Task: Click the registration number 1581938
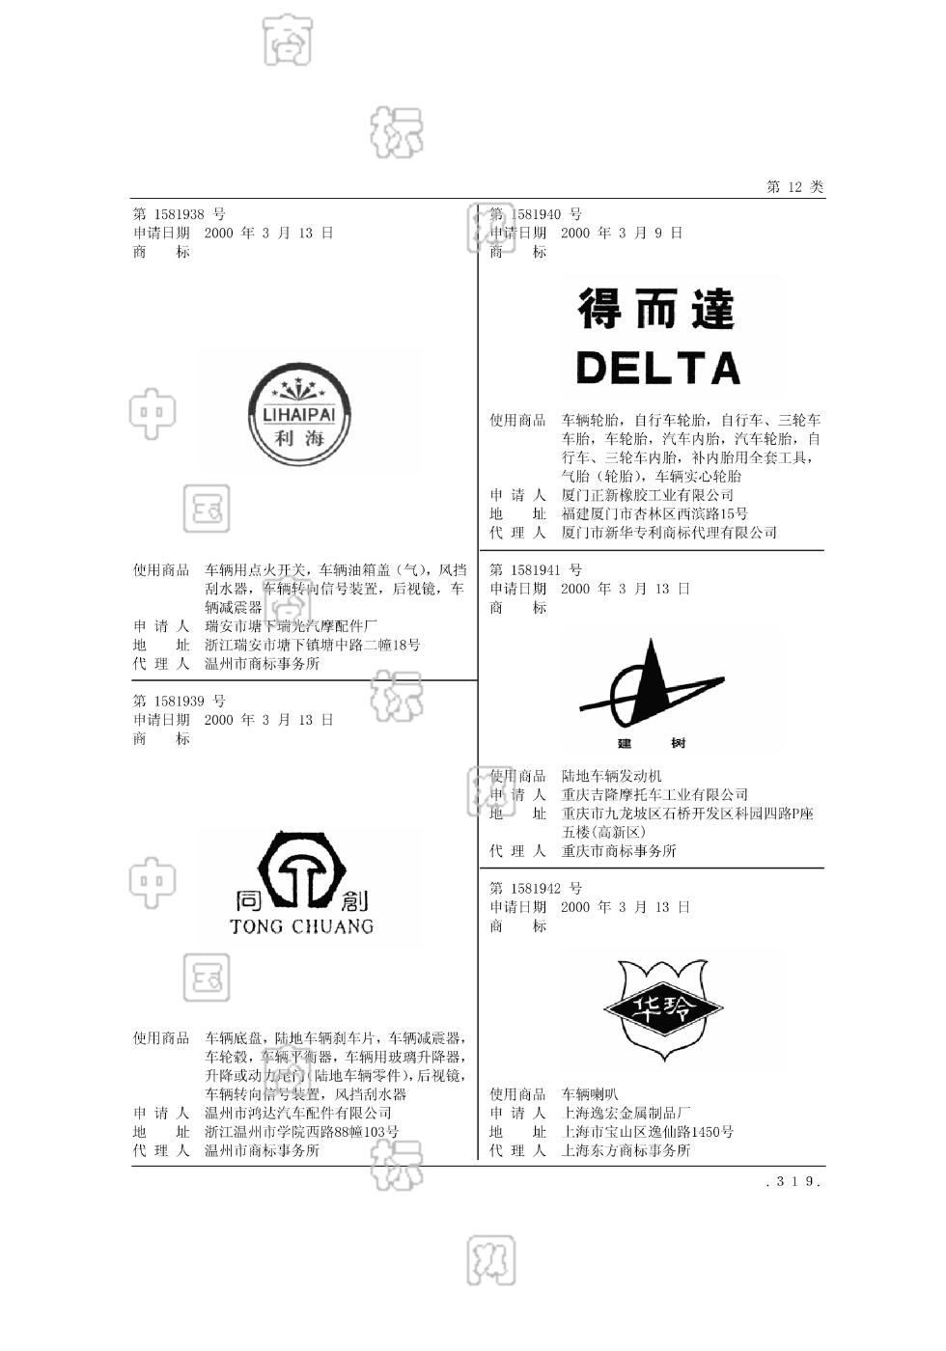click(179, 214)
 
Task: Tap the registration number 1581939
click(179, 702)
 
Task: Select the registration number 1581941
click(536, 570)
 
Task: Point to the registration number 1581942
click(536, 889)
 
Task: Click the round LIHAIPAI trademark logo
click(299, 415)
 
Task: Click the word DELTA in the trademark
click(658, 368)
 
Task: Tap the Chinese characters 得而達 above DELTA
click(657, 309)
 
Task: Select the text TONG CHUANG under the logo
click(301, 927)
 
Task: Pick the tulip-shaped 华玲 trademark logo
click(663, 1008)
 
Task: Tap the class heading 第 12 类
click(795, 187)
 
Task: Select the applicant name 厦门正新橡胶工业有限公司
click(648, 495)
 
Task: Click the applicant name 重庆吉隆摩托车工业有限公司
click(654, 795)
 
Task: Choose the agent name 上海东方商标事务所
click(626, 1150)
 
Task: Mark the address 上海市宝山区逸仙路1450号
click(648, 1132)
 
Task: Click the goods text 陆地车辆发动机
click(612, 776)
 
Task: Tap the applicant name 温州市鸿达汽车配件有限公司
click(298, 1113)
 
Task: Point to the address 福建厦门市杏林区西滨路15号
click(654, 514)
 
